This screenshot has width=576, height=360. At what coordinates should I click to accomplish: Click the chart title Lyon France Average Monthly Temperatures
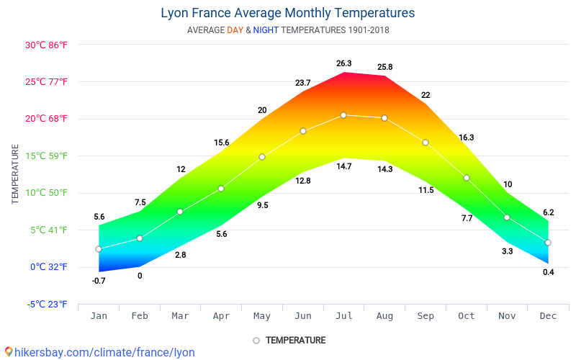tap(287, 13)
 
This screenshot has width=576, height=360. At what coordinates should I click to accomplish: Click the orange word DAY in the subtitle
tap(235, 30)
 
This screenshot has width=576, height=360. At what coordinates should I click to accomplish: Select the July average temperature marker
tap(343, 115)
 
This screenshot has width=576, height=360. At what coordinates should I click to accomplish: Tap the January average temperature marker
tap(99, 249)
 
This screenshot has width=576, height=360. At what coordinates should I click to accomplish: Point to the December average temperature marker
tap(548, 243)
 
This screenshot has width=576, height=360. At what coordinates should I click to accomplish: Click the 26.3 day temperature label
tap(343, 63)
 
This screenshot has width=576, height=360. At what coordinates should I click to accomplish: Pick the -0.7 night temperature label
tap(99, 281)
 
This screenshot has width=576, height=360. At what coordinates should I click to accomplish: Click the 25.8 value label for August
tap(384, 68)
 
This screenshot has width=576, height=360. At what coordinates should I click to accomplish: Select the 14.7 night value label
tap(343, 167)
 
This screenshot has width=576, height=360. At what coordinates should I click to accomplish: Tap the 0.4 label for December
tap(548, 272)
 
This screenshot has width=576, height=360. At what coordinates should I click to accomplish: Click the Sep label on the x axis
tap(426, 316)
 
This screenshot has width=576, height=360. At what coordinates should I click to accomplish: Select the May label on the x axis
tap(262, 316)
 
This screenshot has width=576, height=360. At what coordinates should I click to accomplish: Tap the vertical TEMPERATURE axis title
tap(14, 174)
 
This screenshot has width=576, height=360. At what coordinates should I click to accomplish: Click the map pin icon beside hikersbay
tap(9, 352)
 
